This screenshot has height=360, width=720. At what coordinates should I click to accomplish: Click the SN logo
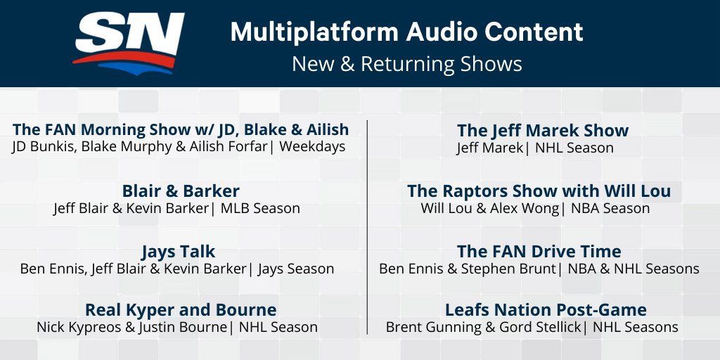click(129, 43)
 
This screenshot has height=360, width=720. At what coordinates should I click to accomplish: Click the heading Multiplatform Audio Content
click(407, 32)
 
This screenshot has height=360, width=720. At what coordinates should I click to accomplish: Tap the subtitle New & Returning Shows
click(407, 64)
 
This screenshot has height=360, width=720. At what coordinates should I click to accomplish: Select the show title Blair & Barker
click(181, 191)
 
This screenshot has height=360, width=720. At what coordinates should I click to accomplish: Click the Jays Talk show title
click(178, 252)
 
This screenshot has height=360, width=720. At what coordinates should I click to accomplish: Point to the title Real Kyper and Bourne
click(181, 310)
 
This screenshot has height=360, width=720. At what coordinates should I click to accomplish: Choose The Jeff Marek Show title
click(543, 130)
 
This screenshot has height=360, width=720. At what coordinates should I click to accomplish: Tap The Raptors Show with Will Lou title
click(539, 191)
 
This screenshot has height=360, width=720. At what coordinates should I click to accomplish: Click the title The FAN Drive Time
click(539, 252)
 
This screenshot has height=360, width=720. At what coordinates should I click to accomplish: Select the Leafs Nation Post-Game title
click(546, 310)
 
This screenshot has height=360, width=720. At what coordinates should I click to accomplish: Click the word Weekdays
click(312, 147)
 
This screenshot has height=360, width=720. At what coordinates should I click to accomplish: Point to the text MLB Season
click(260, 208)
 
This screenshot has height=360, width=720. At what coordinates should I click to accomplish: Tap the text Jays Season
click(296, 269)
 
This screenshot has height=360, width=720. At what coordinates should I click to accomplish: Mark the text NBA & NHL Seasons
click(634, 269)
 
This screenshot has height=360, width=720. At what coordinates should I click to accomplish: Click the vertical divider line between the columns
click(367, 227)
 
